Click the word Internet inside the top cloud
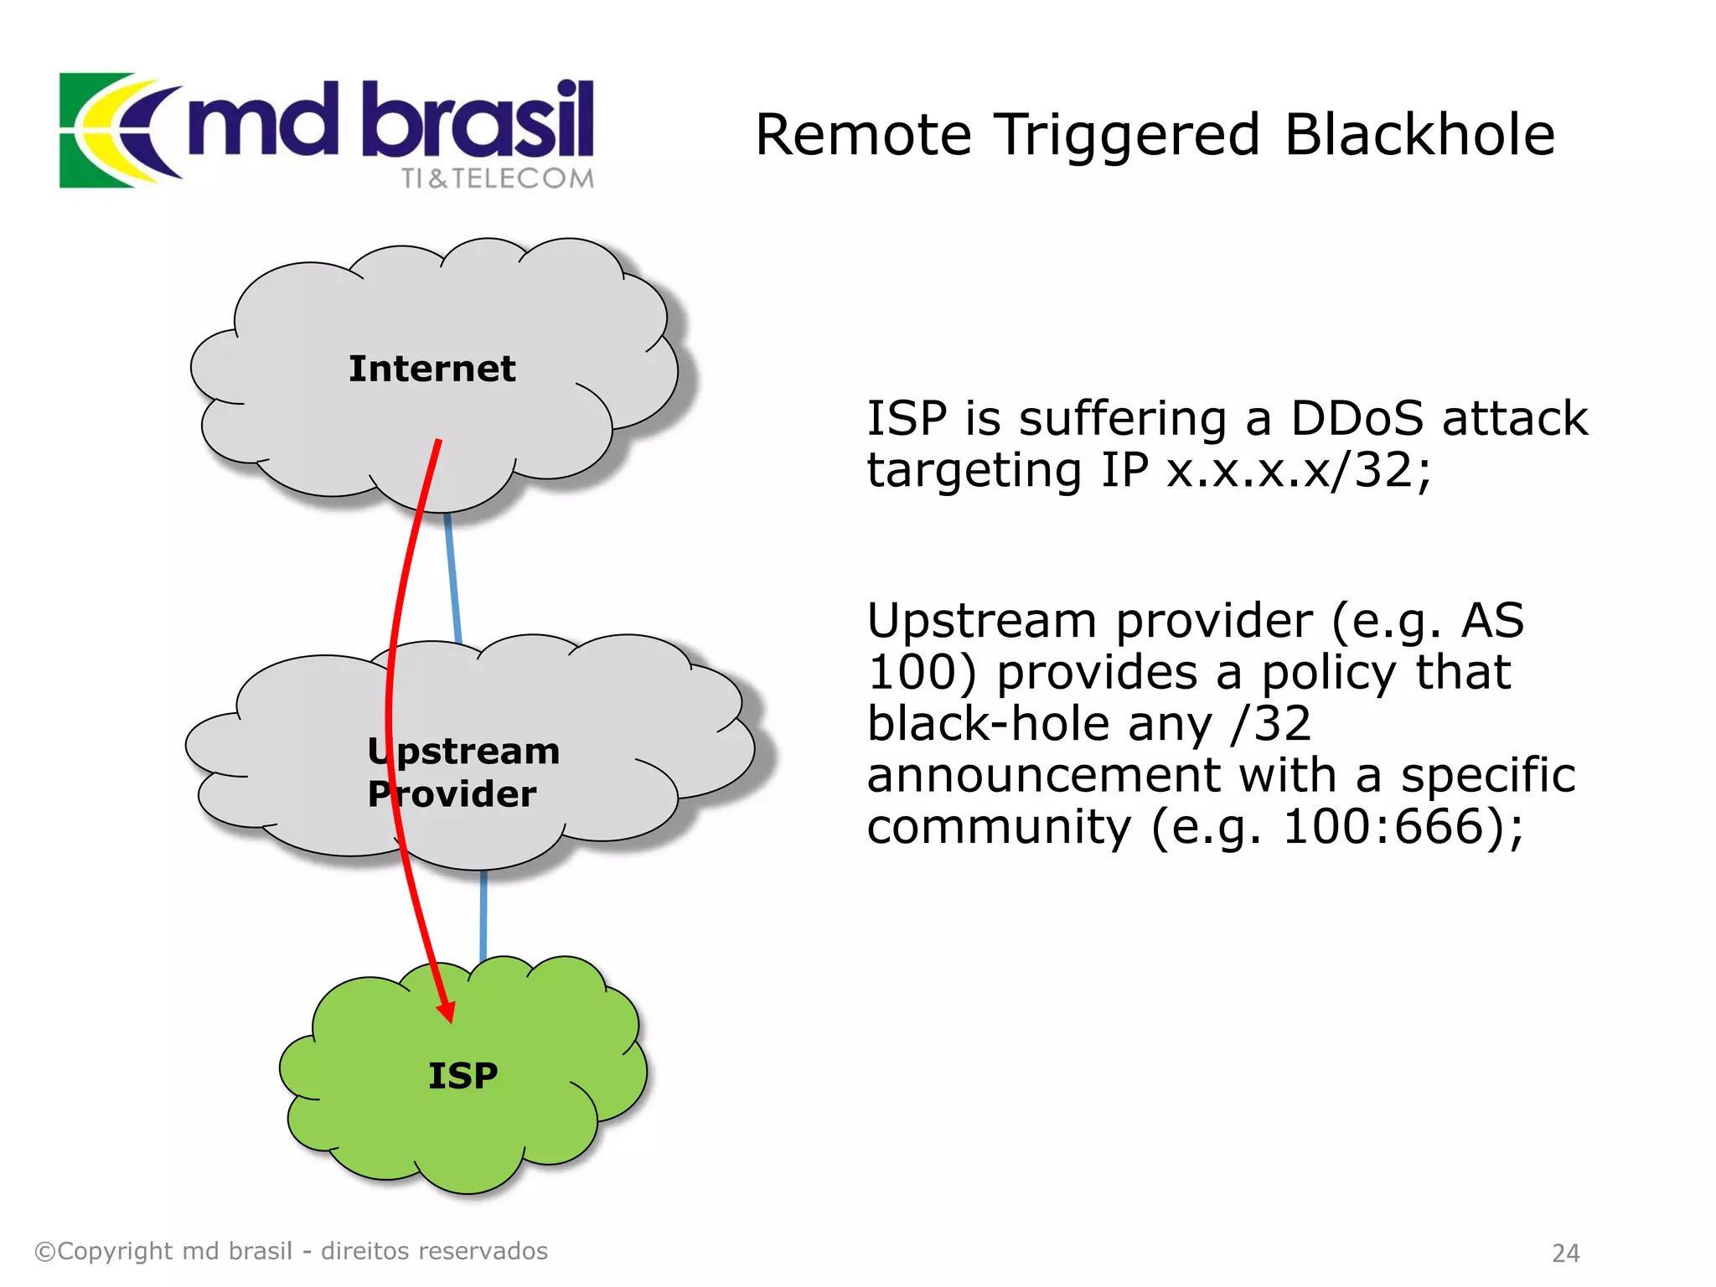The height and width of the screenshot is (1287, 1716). coord(432,370)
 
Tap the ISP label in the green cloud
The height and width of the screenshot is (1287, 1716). coord(463,1076)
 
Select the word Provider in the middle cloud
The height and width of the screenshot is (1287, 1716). coord(452,794)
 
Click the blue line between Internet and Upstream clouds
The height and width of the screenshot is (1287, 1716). coord(453,578)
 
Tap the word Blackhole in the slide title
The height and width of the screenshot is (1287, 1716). coord(1419,135)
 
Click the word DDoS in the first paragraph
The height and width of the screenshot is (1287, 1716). coord(1356,418)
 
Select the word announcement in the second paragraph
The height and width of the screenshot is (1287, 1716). coord(1043,776)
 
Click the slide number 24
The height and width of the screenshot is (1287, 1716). coord(1565,1253)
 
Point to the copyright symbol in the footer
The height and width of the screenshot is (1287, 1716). coord(44,1252)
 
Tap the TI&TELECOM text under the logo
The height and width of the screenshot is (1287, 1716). coord(497,178)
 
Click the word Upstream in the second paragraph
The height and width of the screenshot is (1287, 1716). coord(981,622)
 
